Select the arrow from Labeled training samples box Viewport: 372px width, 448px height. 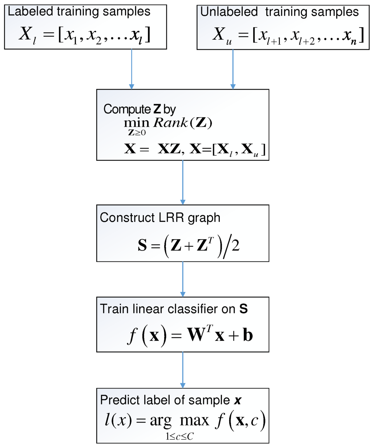(x=132, y=69)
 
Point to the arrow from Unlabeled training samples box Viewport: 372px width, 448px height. (x=233, y=69)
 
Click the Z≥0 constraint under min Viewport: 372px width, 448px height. (x=137, y=133)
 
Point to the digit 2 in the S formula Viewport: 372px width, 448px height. (x=235, y=246)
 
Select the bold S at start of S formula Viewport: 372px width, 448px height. (x=142, y=246)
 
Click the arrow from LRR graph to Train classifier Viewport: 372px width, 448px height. (x=183, y=279)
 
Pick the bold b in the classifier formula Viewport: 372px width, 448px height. (x=248, y=335)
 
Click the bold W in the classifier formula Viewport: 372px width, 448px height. (x=197, y=335)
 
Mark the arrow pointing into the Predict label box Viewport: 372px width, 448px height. (x=183, y=370)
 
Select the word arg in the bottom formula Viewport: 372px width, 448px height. (x=161, y=421)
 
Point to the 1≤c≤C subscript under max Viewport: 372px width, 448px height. (x=179, y=437)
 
